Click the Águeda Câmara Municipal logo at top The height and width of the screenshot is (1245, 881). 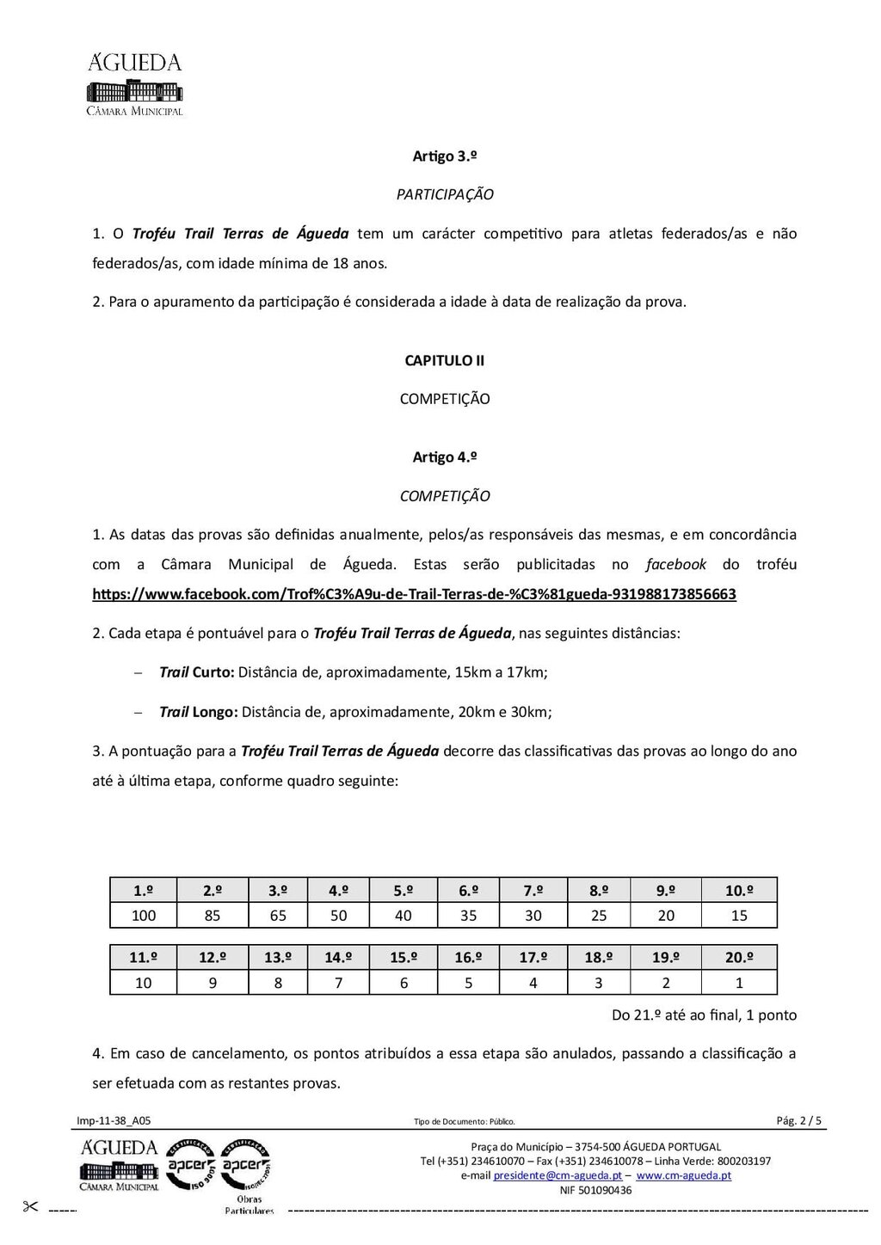coord(134,84)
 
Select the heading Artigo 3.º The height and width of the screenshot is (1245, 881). coord(445,156)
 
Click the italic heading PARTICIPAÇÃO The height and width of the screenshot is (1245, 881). coord(445,194)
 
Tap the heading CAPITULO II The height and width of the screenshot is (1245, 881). coord(445,360)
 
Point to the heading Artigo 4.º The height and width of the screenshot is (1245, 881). coord(445,457)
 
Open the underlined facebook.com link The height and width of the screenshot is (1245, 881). coord(414,594)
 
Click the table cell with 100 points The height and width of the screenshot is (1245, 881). coord(144,916)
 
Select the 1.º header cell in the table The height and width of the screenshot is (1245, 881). coord(144,891)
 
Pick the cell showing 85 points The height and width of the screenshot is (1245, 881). coord(213,916)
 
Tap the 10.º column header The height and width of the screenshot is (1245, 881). coord(739,891)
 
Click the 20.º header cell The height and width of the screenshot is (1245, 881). coord(739,958)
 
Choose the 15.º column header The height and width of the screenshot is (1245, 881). coord(404,958)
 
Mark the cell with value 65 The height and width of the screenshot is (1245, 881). coord(278,916)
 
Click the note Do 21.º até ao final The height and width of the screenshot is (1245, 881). coord(704,1015)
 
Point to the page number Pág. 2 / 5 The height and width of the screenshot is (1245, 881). coord(798,1120)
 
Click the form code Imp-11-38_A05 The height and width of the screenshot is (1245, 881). coord(114,1120)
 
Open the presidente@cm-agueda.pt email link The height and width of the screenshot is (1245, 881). coord(558,1175)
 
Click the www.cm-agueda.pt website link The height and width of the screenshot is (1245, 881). coord(684,1175)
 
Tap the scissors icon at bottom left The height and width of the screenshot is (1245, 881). coord(31,1207)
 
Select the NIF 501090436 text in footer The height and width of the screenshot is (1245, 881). coord(595,1190)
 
